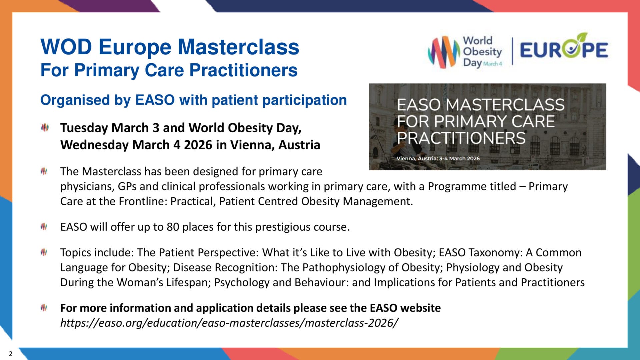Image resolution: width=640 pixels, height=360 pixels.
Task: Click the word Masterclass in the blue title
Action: [238, 47]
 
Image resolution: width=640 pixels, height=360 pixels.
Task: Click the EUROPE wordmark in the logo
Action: [564, 50]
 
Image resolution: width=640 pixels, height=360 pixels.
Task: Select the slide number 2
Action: [11, 354]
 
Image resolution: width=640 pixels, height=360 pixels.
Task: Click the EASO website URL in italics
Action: [229, 323]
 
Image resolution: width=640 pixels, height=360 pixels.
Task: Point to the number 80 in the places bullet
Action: [173, 227]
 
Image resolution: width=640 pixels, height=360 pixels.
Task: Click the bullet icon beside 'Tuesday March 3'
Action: [44, 127]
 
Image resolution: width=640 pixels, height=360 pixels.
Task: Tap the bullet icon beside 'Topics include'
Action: [44, 252]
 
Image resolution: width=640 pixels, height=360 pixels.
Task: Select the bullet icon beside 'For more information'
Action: [44, 308]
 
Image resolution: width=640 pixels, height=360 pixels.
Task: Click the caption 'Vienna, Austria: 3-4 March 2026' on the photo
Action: [438, 158]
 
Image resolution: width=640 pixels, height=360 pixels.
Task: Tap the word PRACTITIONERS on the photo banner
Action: [461, 138]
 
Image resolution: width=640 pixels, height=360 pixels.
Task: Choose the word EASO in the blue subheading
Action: [155, 100]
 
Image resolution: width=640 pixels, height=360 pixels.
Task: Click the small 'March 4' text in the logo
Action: [492, 64]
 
